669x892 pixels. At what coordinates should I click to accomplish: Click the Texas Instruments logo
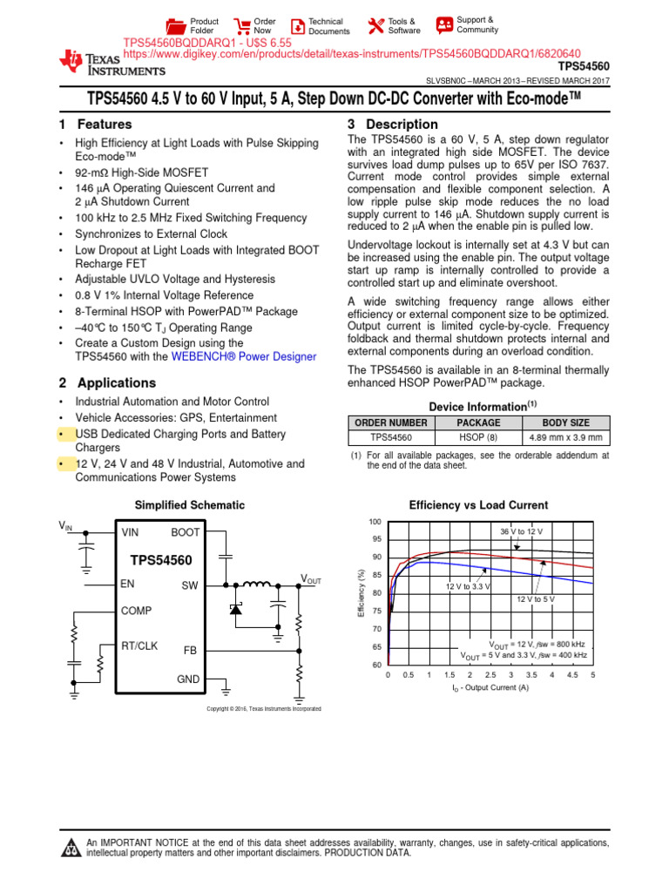coord(111,61)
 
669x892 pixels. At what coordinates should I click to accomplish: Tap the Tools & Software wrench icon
coord(375,26)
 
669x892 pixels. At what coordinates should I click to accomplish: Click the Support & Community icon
coord(444,24)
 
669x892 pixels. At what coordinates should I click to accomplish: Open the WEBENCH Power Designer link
coord(244,356)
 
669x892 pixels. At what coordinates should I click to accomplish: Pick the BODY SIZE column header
coord(565,422)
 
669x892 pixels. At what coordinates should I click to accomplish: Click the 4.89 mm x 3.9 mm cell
coord(565,437)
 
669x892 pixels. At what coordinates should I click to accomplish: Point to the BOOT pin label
coord(186,532)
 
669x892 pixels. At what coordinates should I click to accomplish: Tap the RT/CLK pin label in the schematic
coord(139,646)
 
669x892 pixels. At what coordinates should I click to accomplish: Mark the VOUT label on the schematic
coord(311,578)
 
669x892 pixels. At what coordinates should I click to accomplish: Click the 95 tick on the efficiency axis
coord(376,539)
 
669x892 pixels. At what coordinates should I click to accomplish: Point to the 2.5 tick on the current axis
coord(490,675)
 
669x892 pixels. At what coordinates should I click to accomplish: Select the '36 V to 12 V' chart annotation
coord(521,531)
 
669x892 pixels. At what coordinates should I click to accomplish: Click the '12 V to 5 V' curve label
coord(536,600)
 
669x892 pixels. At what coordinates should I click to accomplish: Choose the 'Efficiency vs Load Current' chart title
coord(478,505)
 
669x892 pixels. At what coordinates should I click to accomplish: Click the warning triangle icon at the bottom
coord(72,847)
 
